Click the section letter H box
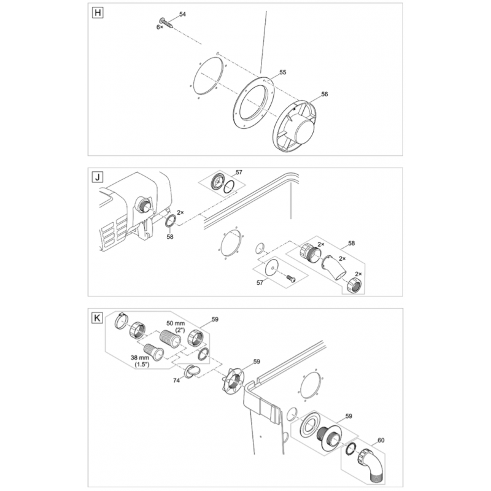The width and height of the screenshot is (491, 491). coord(98,13)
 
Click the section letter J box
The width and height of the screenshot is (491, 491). coord(98,177)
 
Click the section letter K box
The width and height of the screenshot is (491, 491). coord(98,318)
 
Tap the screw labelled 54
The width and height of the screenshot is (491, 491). coord(166,23)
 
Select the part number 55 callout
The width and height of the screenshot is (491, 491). coord(283,72)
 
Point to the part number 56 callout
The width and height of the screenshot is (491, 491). coord(325,94)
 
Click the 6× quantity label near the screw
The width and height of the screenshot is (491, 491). coord(160,27)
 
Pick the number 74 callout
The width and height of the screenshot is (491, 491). coord(176,380)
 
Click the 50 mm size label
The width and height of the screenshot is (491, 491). coord(176,323)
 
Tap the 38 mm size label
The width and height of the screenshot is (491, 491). coord(140,357)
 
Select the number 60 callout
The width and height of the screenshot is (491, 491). coord(381,440)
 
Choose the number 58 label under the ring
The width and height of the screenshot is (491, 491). coord(170,237)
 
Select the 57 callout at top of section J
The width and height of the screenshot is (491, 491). coord(239,172)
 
